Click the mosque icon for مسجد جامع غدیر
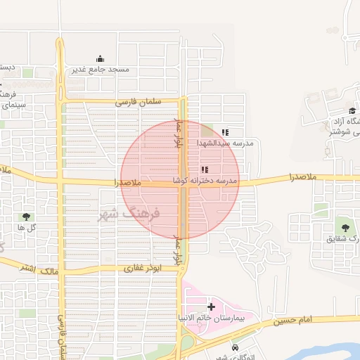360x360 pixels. pos(101,59)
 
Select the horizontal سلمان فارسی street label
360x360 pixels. pos(139,102)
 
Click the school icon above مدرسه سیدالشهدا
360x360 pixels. pos(225,132)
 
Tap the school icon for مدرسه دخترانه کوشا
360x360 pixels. pos(205,169)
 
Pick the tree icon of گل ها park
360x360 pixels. pos(27,217)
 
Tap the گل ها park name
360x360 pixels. pos(27,228)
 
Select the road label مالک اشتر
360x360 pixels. pos(38,268)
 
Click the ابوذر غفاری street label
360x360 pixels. pos(143,268)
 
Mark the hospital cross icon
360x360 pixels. pos(211,307)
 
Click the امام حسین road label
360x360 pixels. pos(294,320)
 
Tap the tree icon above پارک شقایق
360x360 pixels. pos(345,226)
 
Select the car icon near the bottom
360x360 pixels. pos(234,347)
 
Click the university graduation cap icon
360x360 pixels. pos(352,110)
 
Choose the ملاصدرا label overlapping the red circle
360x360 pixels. pos(127,182)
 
